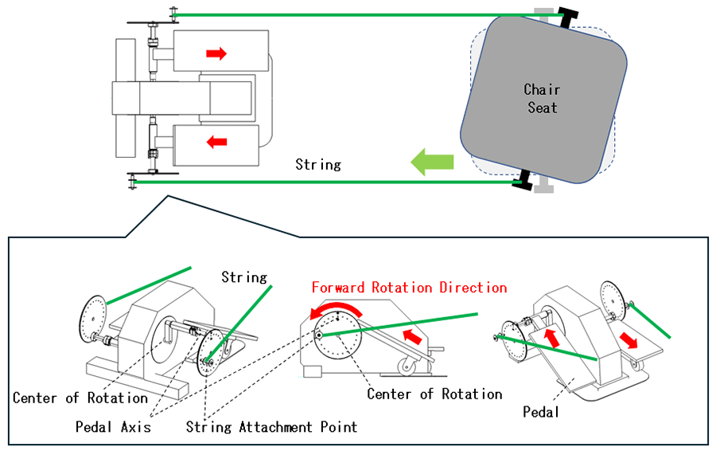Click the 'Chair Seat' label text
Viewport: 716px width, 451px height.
tap(542, 99)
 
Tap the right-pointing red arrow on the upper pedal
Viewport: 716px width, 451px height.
tap(216, 53)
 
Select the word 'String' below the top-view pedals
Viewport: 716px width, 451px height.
tap(317, 165)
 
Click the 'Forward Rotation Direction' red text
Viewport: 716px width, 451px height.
tap(409, 287)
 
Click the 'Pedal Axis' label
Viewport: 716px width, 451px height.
tap(112, 426)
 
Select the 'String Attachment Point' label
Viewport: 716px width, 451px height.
tap(271, 426)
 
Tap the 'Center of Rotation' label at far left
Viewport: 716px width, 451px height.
tap(80, 397)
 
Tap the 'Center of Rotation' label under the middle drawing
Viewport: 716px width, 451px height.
tap(434, 394)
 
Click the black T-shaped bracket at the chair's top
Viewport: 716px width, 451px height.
tap(569, 17)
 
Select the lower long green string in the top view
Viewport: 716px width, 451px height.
tap(318, 182)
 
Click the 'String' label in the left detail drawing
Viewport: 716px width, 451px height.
tap(243, 277)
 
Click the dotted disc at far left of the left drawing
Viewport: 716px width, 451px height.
tap(93, 317)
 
